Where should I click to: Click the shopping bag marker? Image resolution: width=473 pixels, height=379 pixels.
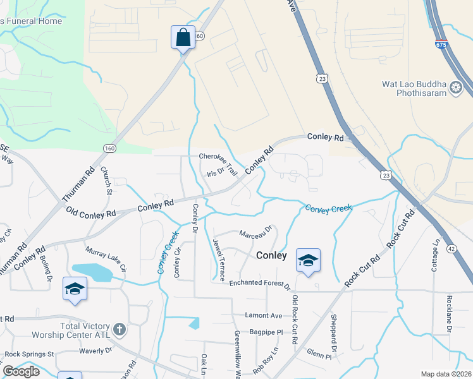coord(183,37)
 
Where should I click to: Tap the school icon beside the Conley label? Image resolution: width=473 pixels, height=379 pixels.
coord(308,260)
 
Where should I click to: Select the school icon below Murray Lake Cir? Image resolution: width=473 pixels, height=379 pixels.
coord(75,289)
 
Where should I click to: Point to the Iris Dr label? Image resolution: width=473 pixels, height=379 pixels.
coord(216,172)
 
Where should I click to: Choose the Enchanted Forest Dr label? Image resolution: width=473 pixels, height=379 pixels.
coord(260,284)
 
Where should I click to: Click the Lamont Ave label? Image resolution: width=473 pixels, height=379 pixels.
coord(264,315)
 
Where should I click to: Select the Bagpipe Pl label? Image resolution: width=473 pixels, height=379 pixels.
coord(266,331)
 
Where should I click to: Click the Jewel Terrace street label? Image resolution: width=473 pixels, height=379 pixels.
coord(219,260)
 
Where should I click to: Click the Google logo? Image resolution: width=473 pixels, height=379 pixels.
coord(21,371)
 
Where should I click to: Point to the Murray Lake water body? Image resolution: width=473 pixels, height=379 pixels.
coord(92,272)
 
